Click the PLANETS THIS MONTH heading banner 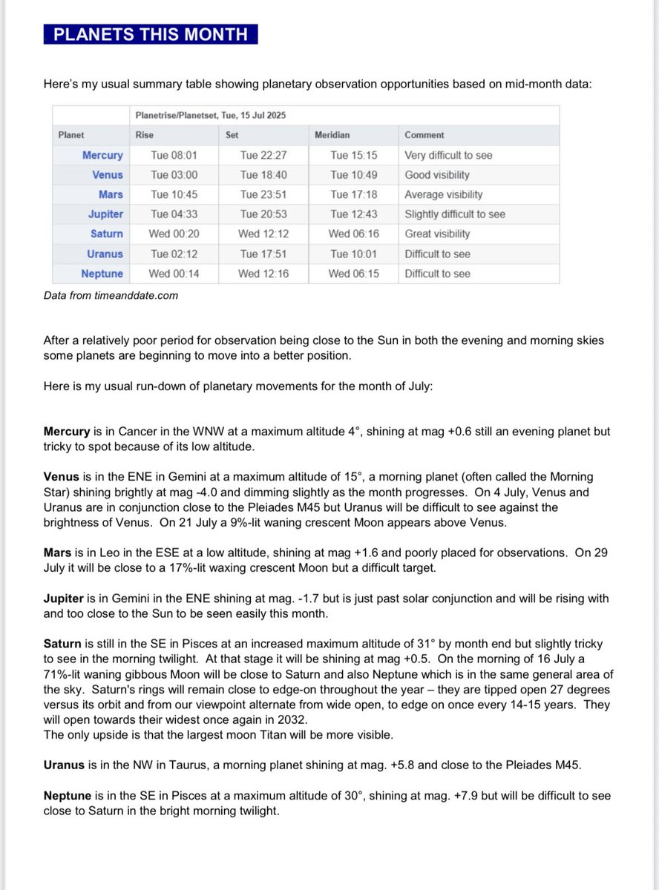pyautogui.click(x=151, y=34)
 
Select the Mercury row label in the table pyautogui.click(x=102, y=156)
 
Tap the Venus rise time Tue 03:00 pyautogui.click(x=174, y=175)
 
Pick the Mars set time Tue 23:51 pyautogui.click(x=263, y=194)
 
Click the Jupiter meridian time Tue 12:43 pyautogui.click(x=353, y=214)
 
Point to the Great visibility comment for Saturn pyautogui.click(x=437, y=234)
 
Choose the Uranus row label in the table pyautogui.click(x=105, y=254)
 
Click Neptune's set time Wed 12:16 pyautogui.click(x=263, y=274)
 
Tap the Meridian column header pyautogui.click(x=332, y=135)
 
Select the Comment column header pyautogui.click(x=424, y=135)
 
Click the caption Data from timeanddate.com pyautogui.click(x=111, y=295)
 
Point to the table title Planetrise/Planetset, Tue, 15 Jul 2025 pyautogui.click(x=211, y=116)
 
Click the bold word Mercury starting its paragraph pyautogui.click(x=67, y=431)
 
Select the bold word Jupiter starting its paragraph pyautogui.click(x=64, y=593)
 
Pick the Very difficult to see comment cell pyautogui.click(x=448, y=156)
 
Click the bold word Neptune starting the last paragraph pyautogui.click(x=68, y=796)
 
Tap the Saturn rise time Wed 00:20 pyautogui.click(x=174, y=234)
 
